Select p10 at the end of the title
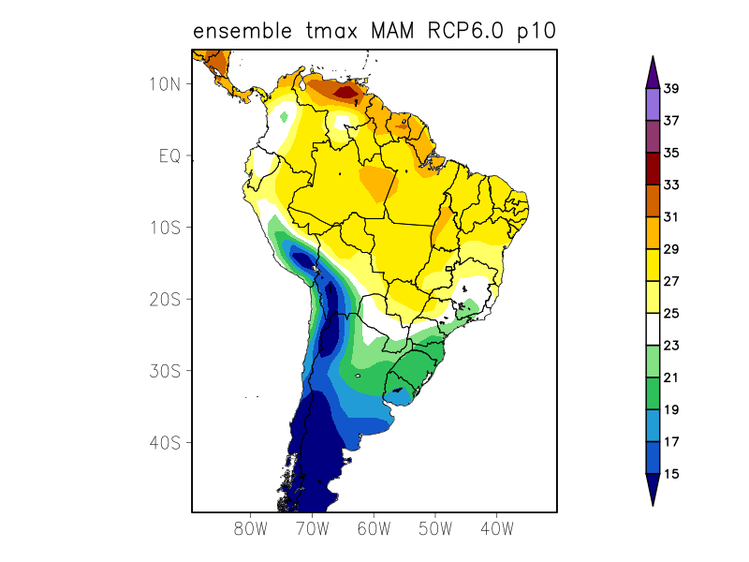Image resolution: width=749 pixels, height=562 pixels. point(536,31)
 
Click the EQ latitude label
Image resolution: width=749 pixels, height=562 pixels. point(169,155)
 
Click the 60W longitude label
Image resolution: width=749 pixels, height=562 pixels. point(374,528)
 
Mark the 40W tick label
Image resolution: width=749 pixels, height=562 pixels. point(496,528)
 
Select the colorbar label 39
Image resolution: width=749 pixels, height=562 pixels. point(670,89)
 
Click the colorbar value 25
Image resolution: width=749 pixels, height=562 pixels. point(670,314)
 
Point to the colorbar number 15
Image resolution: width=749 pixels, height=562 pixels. point(670,474)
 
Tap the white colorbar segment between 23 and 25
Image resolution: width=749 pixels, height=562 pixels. point(653,330)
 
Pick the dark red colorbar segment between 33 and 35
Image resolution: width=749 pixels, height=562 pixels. point(653,169)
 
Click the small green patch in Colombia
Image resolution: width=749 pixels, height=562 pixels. point(285,117)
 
